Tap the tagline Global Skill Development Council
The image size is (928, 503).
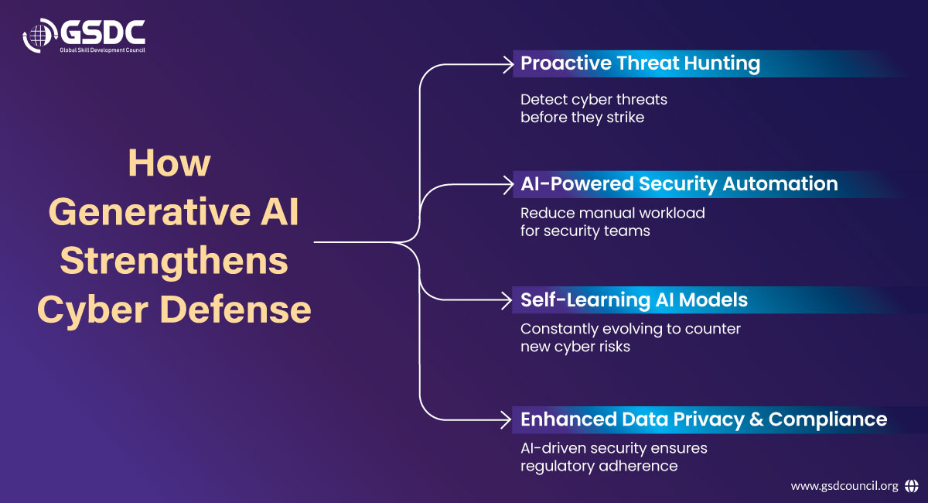(102, 50)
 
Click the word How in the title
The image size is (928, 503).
(169, 163)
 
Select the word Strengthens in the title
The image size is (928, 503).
(174, 262)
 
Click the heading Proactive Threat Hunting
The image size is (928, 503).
(640, 63)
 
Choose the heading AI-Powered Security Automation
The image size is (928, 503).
(679, 183)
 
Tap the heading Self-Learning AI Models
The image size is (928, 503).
(634, 299)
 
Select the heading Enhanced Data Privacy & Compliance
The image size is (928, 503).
(704, 419)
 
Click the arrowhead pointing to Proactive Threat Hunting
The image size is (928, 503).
(508, 65)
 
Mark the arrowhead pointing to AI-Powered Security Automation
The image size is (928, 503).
(508, 185)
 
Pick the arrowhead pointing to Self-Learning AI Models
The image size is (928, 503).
(507, 300)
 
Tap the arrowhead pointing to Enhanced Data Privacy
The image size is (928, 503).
(506, 420)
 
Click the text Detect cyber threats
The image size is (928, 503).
(594, 100)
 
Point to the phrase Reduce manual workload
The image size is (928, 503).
(612, 213)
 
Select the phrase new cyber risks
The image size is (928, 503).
(575, 347)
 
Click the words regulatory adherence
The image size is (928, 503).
(599, 467)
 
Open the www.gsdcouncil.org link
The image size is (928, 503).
(844, 486)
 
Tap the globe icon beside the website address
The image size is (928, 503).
(911, 486)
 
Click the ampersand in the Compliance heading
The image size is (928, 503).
(756, 419)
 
